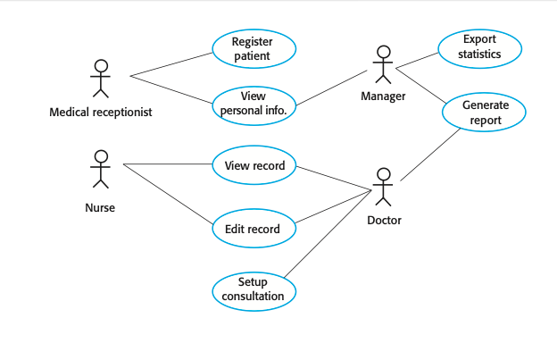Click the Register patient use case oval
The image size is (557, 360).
click(254, 48)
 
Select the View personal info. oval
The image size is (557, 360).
click(254, 105)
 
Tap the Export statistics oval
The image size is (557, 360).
click(478, 47)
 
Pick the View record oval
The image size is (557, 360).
click(254, 165)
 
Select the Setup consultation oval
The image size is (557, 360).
click(254, 289)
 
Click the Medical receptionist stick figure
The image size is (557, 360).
click(101, 78)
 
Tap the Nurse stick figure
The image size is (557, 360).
click(101, 169)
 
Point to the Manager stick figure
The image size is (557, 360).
click(383, 63)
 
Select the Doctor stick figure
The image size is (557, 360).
click(384, 188)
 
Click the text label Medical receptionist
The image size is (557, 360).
click(101, 113)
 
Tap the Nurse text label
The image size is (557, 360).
click(100, 208)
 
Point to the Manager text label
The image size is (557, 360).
click(383, 96)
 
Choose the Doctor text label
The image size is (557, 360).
click(384, 220)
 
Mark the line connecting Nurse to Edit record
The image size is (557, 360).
click(168, 195)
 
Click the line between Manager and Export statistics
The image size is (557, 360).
click(416, 58)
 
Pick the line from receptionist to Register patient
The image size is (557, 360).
click(171, 64)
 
